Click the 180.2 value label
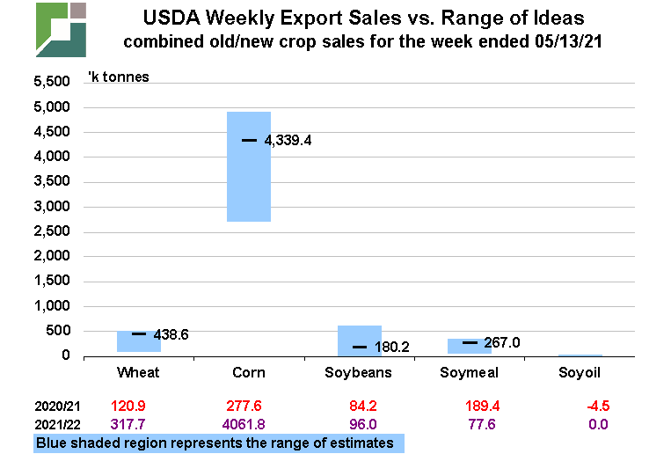click(393, 347)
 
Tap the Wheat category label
click(138, 372)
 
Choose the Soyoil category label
click(580, 372)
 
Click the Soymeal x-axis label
click(470, 372)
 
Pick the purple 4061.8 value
click(249, 424)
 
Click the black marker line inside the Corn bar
click(249, 140)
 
